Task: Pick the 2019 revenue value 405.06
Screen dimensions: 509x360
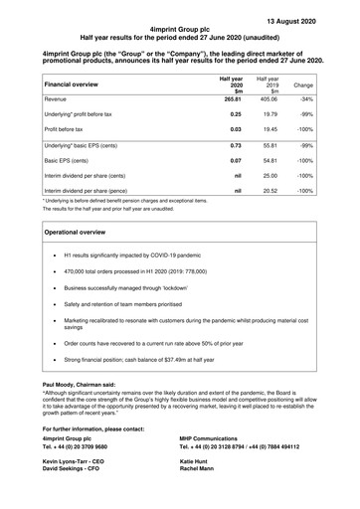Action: [x=269, y=100]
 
